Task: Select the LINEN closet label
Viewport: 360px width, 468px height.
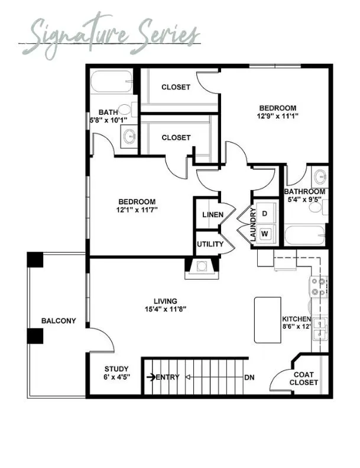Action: tap(213, 215)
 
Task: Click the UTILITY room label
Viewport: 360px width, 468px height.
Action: tap(210, 244)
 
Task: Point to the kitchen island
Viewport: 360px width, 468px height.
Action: tap(268, 319)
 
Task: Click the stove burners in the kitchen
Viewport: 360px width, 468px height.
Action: tap(318, 287)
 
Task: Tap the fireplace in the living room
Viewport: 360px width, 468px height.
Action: tap(202, 269)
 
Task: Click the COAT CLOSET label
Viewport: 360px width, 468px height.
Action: tap(304, 379)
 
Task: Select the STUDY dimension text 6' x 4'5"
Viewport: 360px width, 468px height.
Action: tap(116, 377)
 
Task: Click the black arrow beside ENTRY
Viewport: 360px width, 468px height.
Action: tap(151, 377)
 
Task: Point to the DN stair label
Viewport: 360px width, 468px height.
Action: tap(249, 377)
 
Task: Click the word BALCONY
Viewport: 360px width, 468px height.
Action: tap(59, 321)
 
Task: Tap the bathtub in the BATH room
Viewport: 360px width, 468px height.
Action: tap(112, 82)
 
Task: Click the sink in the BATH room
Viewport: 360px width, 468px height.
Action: tap(129, 137)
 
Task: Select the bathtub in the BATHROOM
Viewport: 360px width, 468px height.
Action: tap(305, 235)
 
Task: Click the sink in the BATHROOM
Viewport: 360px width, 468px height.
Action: tap(320, 177)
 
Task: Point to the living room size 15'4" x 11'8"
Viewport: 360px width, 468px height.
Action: tap(166, 309)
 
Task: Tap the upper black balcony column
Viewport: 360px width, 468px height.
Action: tap(35, 260)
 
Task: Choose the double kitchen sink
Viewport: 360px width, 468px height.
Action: tap(319, 329)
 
